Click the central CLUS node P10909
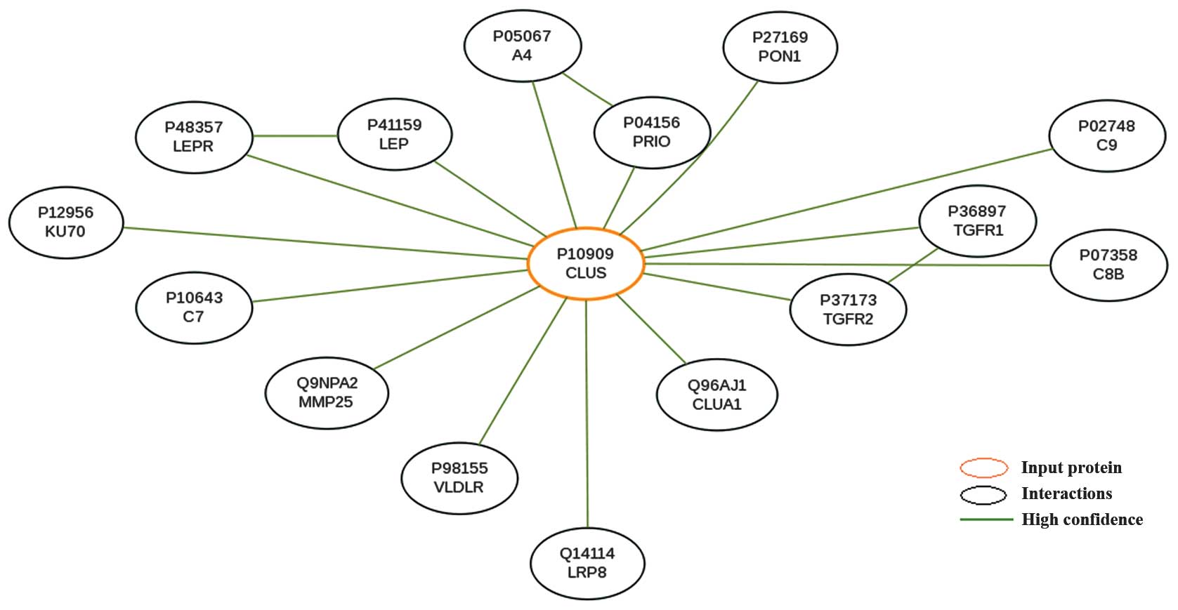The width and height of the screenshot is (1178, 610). coord(585,264)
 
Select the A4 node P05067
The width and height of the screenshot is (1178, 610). coord(522,46)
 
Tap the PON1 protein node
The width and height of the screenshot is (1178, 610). coord(780,47)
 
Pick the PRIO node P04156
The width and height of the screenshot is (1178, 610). coord(651,132)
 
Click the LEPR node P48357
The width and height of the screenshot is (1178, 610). coord(193,137)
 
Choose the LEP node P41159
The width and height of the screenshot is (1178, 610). coord(394,134)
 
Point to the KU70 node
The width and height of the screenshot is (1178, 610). coord(65,222)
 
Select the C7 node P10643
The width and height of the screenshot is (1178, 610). coord(193,307)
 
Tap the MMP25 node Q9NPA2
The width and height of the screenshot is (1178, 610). coord(327,392)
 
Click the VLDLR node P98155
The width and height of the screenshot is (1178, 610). coord(459,477)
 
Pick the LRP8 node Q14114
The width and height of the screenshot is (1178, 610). coord(587,563)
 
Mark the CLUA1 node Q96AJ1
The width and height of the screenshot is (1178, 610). coord(716,394)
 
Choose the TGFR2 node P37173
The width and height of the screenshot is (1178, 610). coord(848,310)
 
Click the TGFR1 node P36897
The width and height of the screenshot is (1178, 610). coord(978,220)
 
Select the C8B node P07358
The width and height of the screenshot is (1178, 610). coord(1108,265)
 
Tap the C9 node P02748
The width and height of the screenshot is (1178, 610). coord(1106,135)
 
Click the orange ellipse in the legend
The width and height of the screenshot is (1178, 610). coord(984,468)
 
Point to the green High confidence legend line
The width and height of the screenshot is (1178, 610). coord(986,519)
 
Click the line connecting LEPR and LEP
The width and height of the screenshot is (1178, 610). coord(295,135)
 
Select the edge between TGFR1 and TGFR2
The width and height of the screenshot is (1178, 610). coord(913,266)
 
